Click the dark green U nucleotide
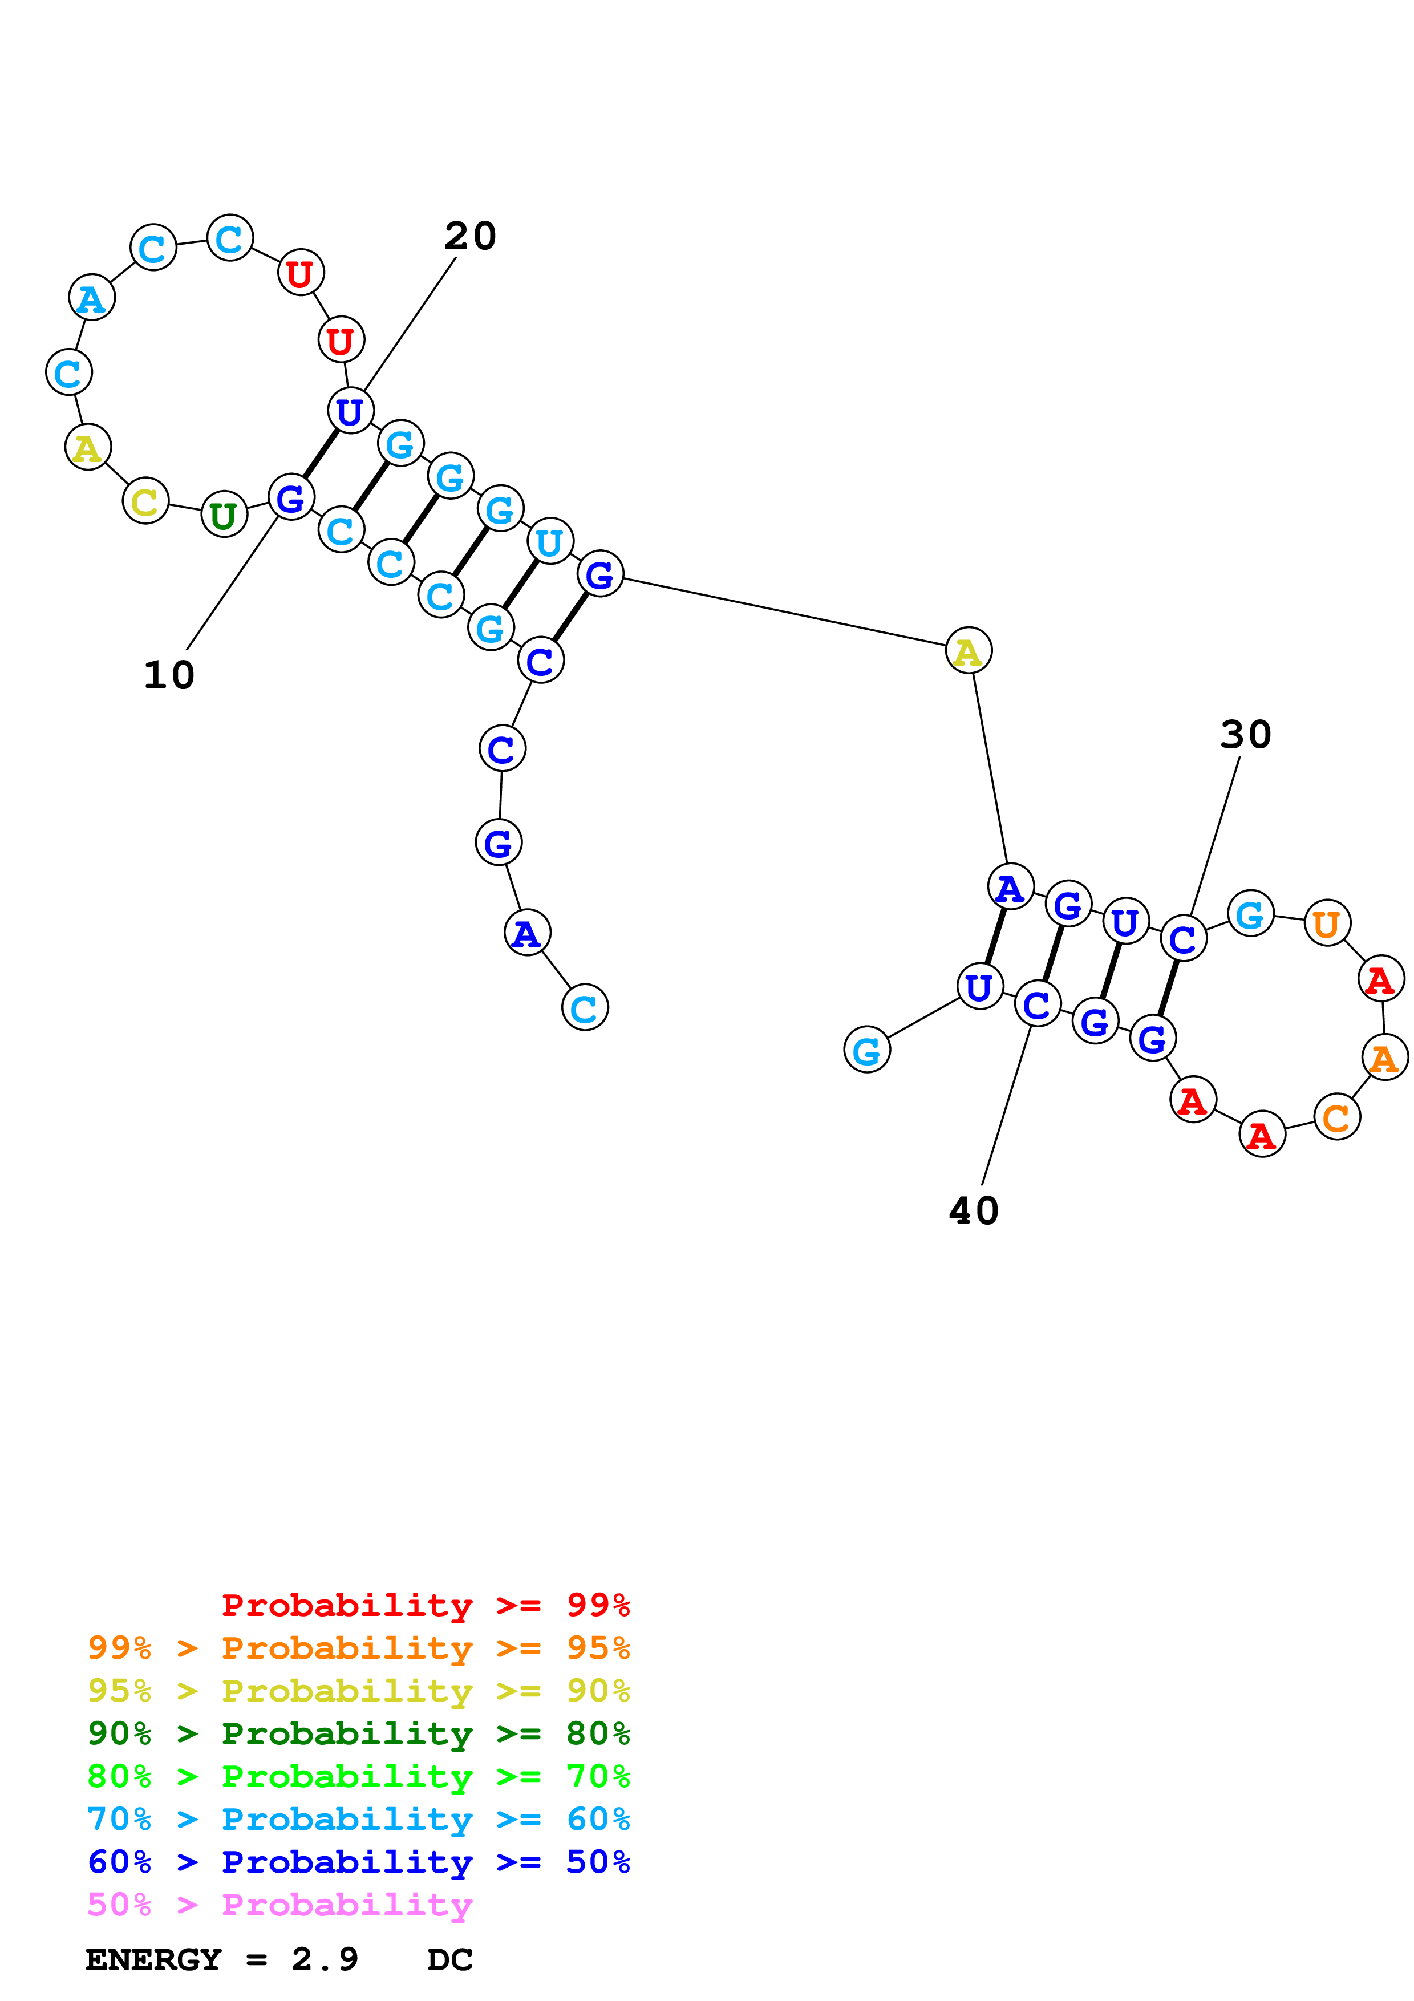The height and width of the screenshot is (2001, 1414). click(224, 515)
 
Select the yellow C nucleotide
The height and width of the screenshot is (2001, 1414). click(145, 501)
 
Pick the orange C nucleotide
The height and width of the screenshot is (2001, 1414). click(1336, 1117)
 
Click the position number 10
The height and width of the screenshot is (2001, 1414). click(169, 675)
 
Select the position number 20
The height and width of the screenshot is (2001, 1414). click(471, 236)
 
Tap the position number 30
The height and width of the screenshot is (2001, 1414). click(1246, 735)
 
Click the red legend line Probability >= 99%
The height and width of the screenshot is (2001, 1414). click(425, 1605)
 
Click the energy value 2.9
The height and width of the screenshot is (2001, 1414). click(324, 1959)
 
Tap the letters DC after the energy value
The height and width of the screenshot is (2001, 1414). click(449, 1959)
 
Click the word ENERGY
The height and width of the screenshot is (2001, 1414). click(153, 1959)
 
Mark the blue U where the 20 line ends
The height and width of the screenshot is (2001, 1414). click(350, 411)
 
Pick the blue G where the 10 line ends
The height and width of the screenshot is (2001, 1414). click(291, 497)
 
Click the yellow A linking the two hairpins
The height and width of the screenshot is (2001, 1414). click(968, 651)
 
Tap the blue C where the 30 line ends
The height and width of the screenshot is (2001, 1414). click(1182, 939)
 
